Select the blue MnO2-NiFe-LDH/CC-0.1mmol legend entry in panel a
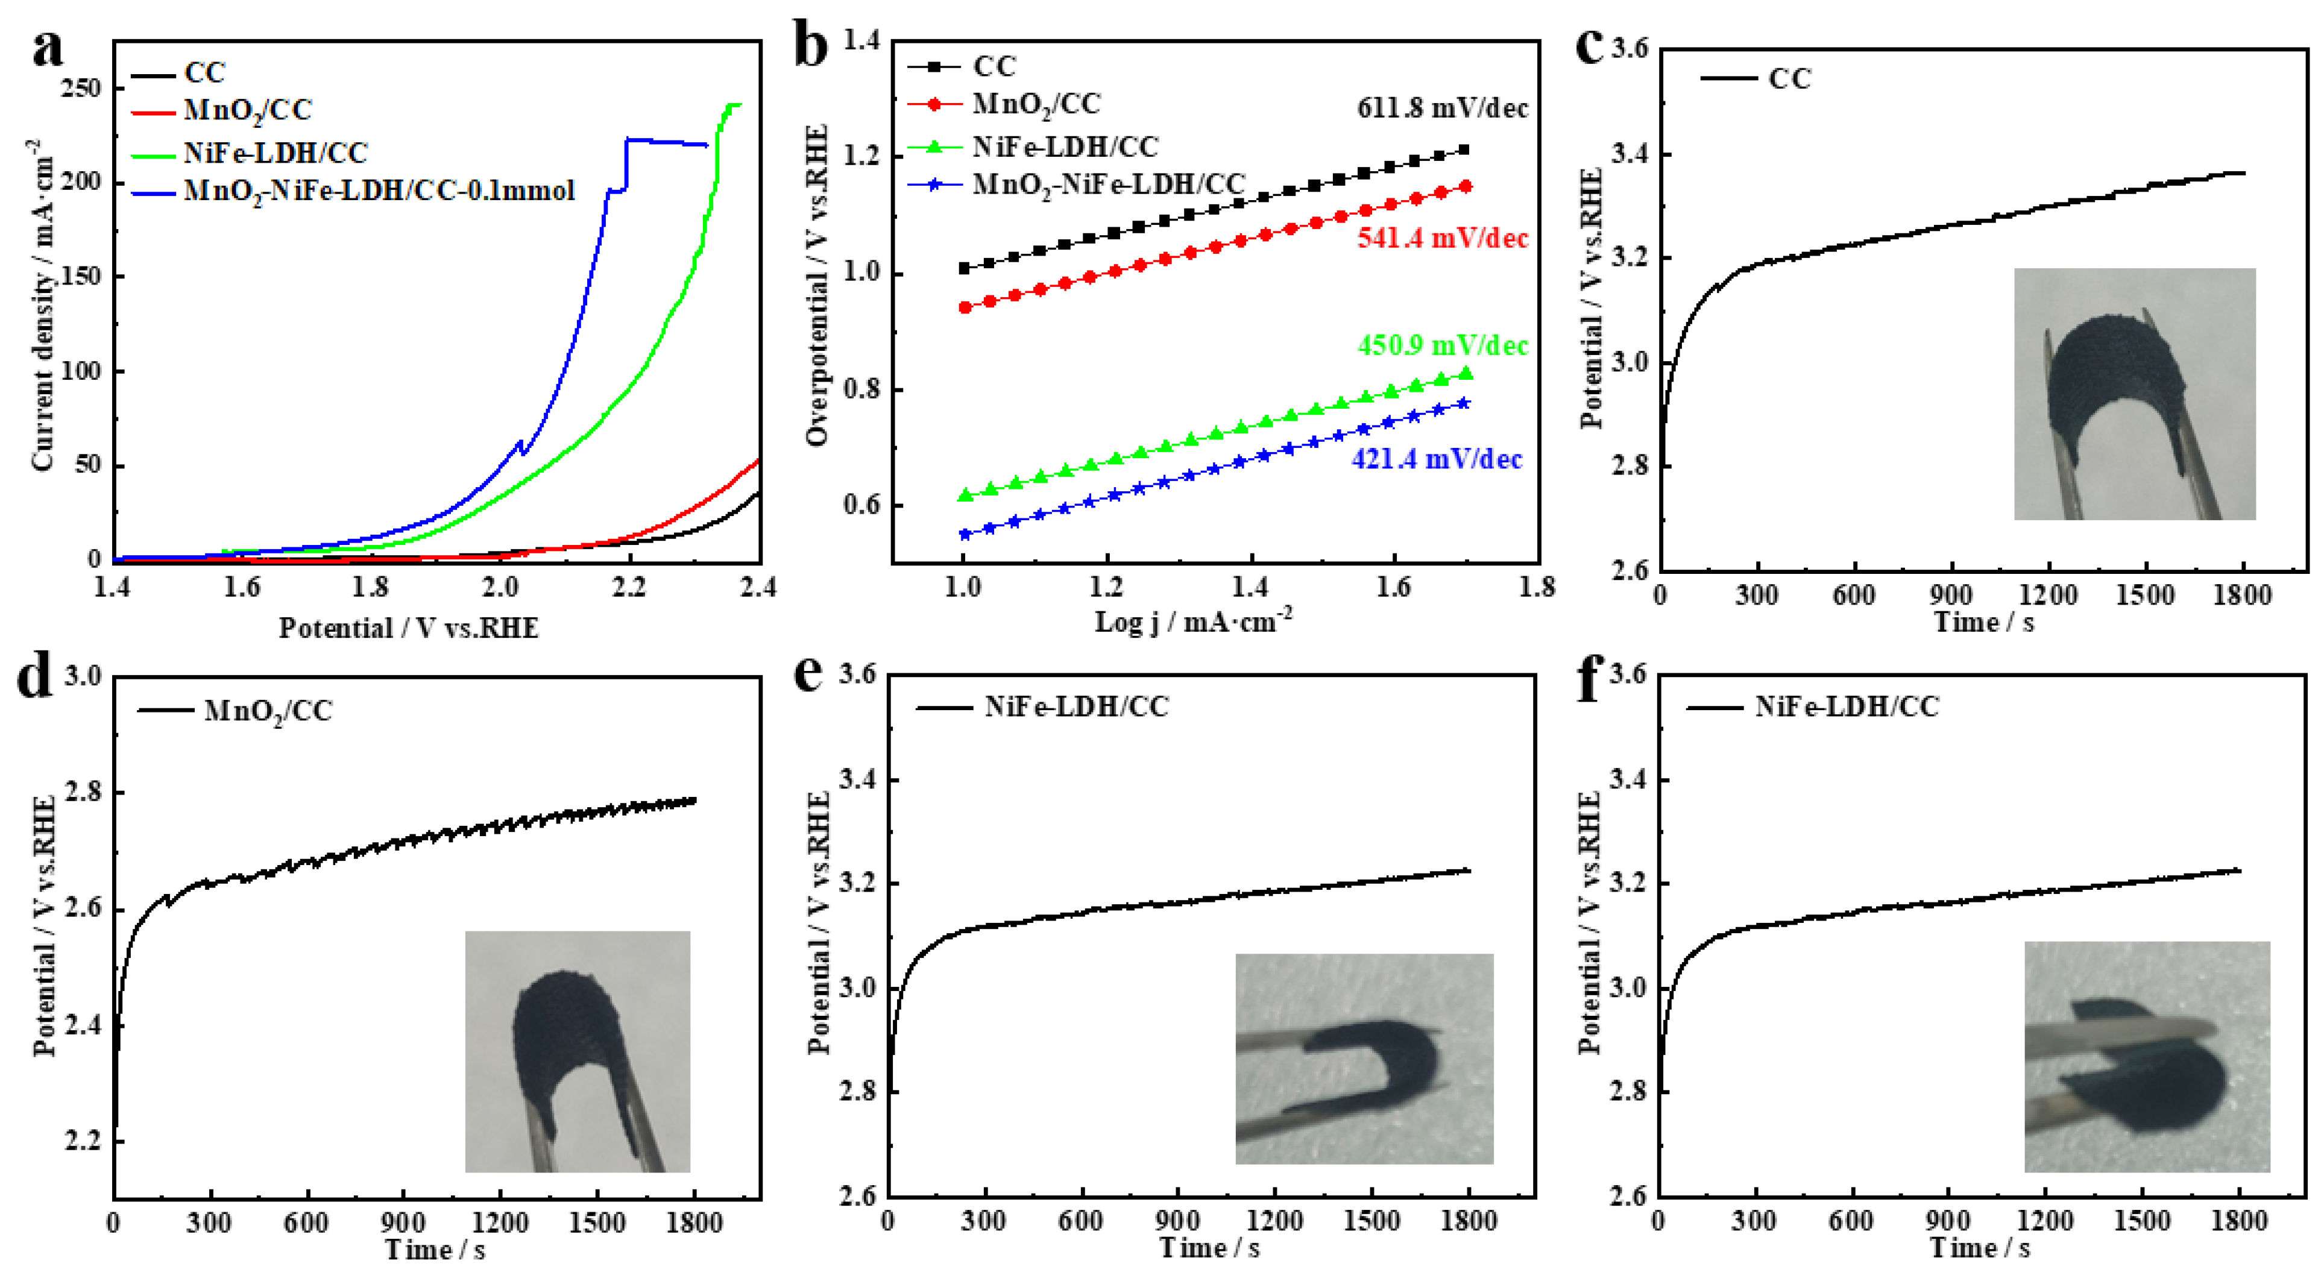coord(379,191)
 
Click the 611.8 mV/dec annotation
coord(1441,109)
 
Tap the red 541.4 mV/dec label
coord(1441,238)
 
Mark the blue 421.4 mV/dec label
coord(1436,459)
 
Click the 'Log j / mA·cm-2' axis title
coord(1192,622)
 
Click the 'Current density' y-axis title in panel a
coord(42,307)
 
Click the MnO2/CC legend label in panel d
coord(268,711)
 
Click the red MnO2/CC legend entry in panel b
coord(1036,105)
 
